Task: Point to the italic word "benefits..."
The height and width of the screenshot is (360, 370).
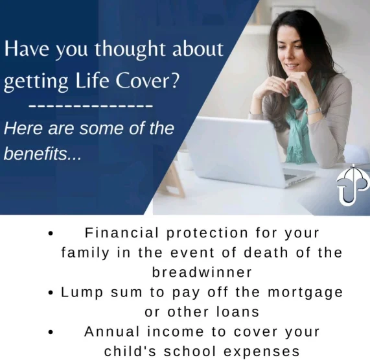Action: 43,154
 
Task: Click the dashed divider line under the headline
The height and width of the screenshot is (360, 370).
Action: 91,106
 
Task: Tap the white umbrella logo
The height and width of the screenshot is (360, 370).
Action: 352,185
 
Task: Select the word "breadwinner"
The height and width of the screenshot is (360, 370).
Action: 202,272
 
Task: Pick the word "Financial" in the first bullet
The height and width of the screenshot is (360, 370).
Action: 122,233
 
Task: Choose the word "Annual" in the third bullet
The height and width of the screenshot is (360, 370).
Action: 112,331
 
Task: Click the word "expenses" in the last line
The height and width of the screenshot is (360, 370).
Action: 261,352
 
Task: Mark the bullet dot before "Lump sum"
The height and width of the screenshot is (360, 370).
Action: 51,293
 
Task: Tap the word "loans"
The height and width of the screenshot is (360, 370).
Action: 238,312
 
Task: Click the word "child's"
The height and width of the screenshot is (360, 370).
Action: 130,352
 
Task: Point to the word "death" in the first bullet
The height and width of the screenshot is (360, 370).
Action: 266,252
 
